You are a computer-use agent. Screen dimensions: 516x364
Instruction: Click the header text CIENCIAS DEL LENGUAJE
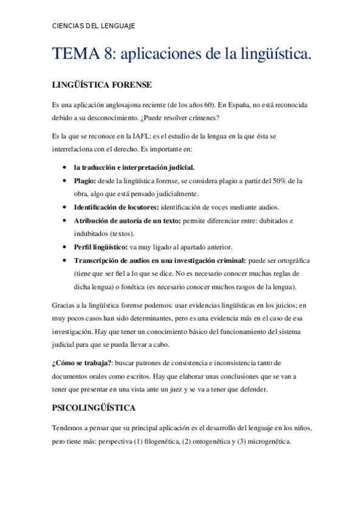coord(93,26)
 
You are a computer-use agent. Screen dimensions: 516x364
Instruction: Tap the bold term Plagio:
coord(84,181)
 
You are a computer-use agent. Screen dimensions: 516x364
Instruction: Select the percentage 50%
coord(276,181)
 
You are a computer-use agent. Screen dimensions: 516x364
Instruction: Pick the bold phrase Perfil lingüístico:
coord(100,247)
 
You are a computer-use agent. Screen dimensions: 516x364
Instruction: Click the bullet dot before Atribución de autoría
coord(64,221)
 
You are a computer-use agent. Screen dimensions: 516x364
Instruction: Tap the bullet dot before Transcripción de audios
coord(64,260)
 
